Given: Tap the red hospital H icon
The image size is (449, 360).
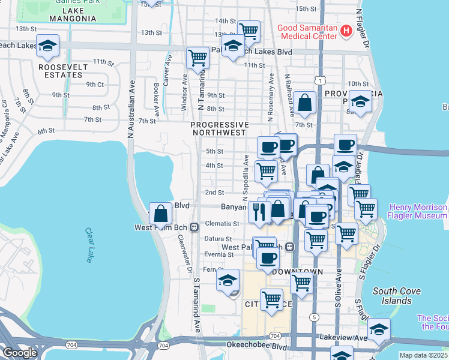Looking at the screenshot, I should tap(345, 30).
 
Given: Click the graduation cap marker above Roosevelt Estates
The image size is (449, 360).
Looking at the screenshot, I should tap(48, 46).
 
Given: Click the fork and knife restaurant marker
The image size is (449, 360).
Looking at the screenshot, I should tap(259, 211).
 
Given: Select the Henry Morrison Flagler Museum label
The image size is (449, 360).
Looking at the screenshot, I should tap(418, 211).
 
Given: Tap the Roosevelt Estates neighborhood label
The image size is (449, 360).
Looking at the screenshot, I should tap(60, 71).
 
